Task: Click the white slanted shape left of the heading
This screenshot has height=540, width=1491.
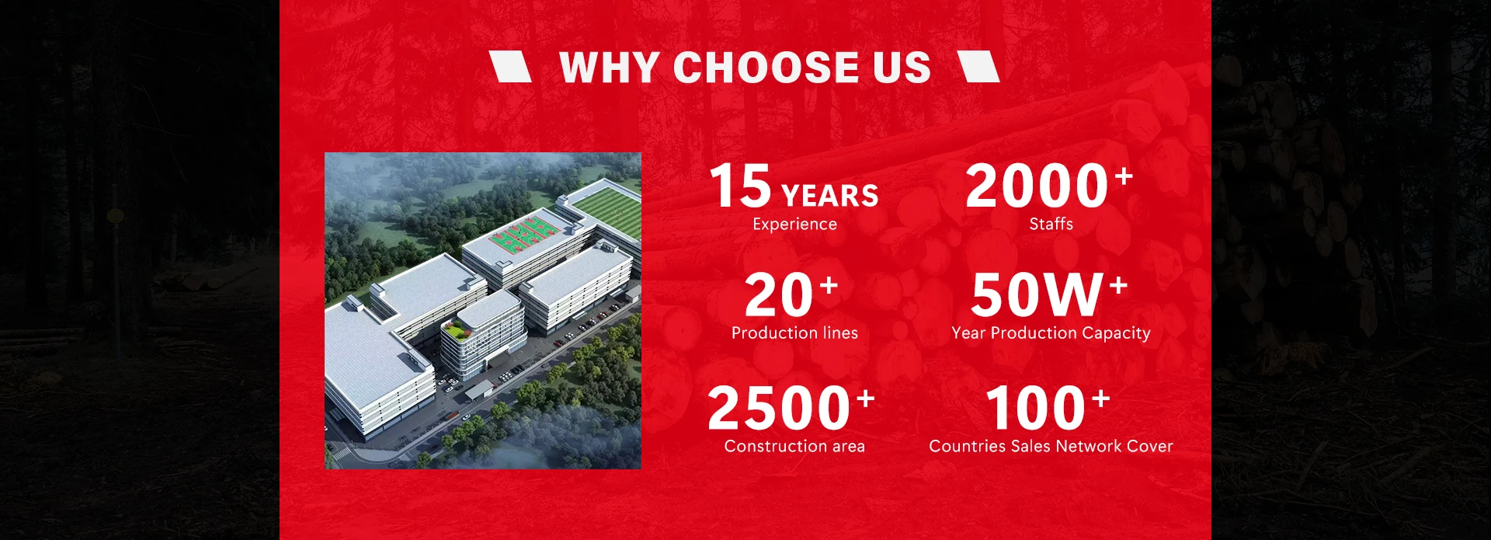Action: (510, 67)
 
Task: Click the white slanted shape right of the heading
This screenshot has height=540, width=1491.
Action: (978, 67)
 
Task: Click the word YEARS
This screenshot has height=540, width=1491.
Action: (830, 196)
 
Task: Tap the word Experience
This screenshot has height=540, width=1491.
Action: (794, 224)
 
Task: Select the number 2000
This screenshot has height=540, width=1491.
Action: (1037, 186)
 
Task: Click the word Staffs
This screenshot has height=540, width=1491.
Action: (1051, 224)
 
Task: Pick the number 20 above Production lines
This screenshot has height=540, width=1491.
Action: (779, 295)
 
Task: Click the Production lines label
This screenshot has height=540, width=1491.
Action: (794, 333)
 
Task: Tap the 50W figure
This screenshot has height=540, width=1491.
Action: (1037, 295)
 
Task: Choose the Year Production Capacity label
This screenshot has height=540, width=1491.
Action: (1051, 333)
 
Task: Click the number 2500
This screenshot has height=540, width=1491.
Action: (779, 409)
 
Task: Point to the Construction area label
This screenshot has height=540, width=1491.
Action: (794, 446)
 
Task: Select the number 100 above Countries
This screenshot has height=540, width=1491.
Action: (1035, 409)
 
